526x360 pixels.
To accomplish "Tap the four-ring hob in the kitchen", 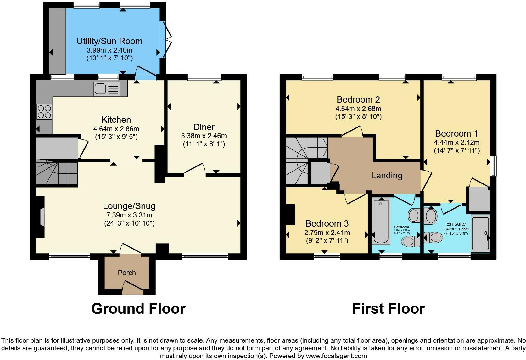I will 44,112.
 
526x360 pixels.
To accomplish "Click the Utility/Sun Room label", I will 109,41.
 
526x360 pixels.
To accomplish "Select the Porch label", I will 127,273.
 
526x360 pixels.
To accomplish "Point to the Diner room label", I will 204,127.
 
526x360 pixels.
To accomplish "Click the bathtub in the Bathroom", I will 381,222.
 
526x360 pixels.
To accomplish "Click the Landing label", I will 387,175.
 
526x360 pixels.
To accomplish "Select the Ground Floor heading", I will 138,309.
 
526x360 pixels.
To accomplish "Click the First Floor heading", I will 388,309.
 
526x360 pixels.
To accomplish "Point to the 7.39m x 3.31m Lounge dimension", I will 129,215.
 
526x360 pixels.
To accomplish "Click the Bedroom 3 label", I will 327,224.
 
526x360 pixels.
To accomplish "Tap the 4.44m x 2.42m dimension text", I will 456,142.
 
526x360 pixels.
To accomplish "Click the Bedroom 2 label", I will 358,100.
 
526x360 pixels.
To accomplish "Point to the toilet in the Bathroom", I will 410,241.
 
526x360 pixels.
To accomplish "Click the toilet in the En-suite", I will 434,237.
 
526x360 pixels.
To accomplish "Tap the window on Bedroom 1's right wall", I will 493,166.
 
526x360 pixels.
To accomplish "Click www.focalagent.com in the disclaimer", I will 336,356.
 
